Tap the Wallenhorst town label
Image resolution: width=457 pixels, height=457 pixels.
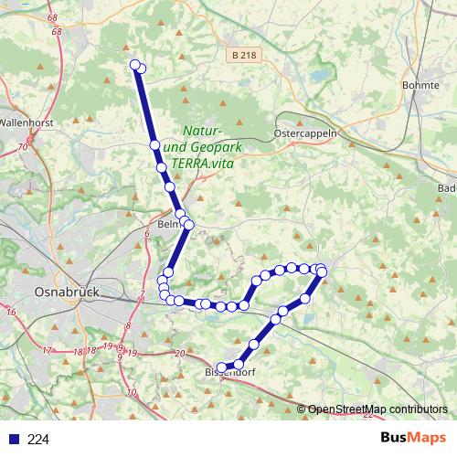27,121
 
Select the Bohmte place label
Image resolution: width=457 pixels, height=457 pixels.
421,85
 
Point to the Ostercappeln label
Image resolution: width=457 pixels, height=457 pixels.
306,133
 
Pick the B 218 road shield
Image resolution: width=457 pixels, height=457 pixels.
242,56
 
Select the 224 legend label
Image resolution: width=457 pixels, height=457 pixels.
38,440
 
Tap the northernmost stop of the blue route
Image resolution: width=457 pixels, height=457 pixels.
135,64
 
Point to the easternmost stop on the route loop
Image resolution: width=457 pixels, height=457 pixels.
322,271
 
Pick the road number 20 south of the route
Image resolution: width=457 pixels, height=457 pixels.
179,353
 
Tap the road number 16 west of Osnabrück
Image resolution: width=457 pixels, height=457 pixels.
12,313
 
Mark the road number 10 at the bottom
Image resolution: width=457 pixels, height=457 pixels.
133,392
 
